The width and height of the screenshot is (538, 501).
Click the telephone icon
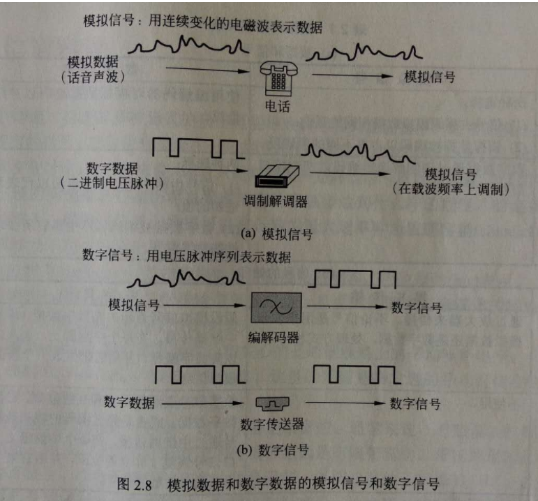(278, 79)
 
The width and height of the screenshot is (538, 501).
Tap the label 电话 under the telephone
(278, 106)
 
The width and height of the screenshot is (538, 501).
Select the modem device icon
(277, 176)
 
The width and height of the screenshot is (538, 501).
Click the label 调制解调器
(276, 202)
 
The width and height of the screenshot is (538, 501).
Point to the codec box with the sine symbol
(276, 308)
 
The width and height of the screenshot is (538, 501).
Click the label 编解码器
(274, 338)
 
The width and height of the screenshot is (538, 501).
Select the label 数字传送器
(272, 424)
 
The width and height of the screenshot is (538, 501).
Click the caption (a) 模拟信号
(276, 234)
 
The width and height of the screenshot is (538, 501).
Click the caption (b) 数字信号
(273, 450)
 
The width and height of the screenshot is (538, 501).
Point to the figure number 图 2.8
(134, 484)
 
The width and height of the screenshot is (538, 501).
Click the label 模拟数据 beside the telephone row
(93, 62)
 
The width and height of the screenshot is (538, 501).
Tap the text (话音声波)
(93, 77)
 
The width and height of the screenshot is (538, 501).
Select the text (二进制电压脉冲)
(112, 183)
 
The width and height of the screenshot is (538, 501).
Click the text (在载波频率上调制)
(451, 189)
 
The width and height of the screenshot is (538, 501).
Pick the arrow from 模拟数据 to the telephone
(207, 70)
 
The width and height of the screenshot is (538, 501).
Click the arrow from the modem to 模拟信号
(350, 173)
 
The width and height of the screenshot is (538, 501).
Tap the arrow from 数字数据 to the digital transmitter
(202, 403)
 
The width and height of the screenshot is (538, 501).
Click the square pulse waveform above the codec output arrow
(352, 279)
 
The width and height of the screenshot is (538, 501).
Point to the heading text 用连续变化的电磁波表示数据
(235, 24)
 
